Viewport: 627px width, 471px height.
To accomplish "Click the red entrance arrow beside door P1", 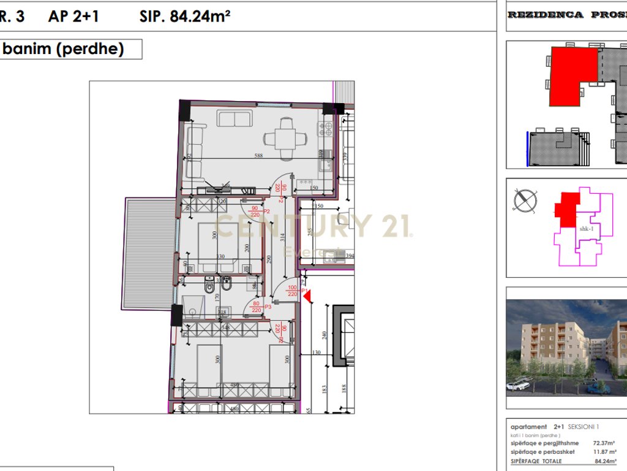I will pos(307,297).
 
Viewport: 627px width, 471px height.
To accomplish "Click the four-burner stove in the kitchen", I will pos(325,129).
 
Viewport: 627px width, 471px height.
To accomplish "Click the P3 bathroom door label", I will pos(268,306).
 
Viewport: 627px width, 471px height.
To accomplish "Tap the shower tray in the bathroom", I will pos(195,305).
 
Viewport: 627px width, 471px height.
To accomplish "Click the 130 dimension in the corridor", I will pos(316,353).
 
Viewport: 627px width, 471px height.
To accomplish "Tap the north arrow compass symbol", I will pos(525,201).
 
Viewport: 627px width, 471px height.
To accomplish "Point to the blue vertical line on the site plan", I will pos(527,148).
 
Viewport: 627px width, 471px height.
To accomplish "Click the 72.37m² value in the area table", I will pos(604,442).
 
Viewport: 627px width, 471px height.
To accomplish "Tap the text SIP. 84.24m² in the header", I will pos(184,17).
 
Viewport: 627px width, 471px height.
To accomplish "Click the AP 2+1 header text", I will pos(73,17).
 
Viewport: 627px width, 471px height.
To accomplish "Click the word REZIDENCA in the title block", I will pos(546,15).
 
